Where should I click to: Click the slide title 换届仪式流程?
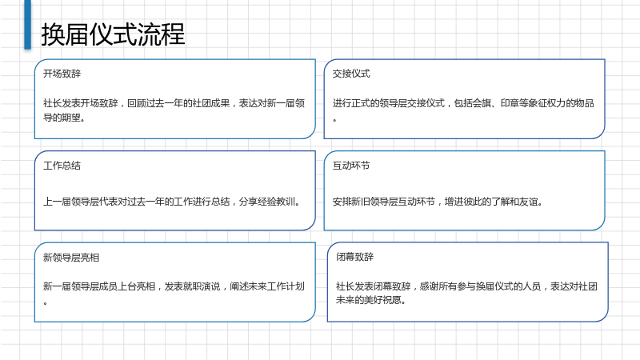pos(113,34)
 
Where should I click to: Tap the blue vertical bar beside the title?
pos(28,25)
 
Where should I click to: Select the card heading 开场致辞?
pos(62,74)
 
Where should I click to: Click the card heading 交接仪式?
pos(351,74)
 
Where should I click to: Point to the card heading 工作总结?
pos(62,166)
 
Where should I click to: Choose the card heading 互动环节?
pos(351,166)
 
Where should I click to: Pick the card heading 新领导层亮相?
pos(71,258)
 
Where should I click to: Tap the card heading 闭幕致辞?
pos(354,257)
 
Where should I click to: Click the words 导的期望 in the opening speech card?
pos(62,118)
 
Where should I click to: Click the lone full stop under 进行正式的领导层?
pos(334,120)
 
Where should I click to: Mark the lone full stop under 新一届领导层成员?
pos(46,303)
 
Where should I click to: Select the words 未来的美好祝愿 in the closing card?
pos(369,300)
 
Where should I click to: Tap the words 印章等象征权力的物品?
pos(547,103)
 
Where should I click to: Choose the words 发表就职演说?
pos(192,286)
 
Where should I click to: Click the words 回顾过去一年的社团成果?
pos(178,103)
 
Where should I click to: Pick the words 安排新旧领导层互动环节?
pos(384,202)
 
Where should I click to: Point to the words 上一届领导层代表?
pos(81,202)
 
